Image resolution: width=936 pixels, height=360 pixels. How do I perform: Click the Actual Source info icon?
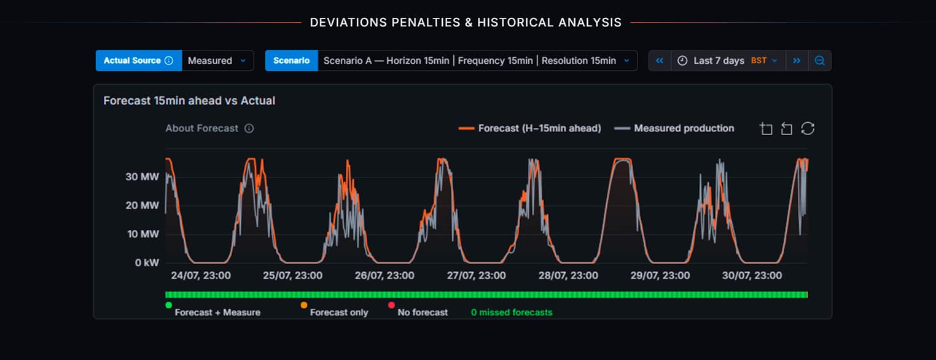tap(169, 61)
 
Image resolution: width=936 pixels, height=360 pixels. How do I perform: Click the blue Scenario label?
tap(292, 61)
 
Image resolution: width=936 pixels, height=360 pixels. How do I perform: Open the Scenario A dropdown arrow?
tap(626, 61)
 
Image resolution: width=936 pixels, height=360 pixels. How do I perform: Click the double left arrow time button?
tap(660, 61)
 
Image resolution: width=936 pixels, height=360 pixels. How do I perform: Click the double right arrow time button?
tap(797, 61)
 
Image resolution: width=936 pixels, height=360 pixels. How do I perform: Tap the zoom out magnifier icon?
tap(820, 61)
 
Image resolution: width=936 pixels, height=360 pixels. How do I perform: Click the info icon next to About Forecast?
tap(249, 128)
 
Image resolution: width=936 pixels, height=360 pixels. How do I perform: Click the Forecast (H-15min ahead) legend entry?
tap(530, 128)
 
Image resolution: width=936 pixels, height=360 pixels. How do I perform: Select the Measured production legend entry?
tap(674, 128)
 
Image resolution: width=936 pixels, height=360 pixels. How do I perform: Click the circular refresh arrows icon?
tap(808, 128)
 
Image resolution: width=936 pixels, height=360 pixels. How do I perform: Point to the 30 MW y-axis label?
tap(142, 177)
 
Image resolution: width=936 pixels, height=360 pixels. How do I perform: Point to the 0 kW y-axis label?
tap(147, 262)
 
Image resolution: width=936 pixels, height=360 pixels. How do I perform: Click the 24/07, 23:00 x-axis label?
tap(201, 276)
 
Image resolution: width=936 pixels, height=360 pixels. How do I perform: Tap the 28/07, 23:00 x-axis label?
tap(568, 276)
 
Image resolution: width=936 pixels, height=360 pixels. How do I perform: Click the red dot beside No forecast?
tap(391, 305)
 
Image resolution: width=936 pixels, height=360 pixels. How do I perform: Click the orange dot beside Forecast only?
tap(304, 305)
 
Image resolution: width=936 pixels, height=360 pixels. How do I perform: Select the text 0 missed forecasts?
tap(512, 312)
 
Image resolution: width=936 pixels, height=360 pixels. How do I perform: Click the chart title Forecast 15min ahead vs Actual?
tap(189, 101)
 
